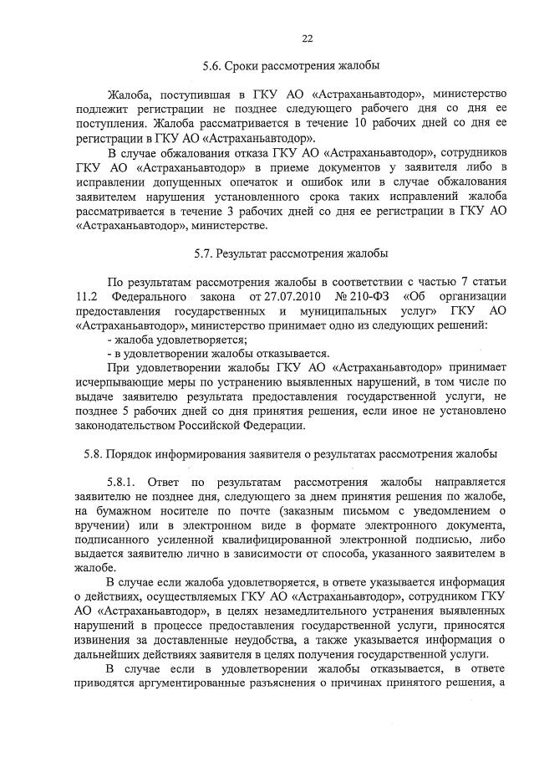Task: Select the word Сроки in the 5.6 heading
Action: pyautogui.click(x=249, y=64)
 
